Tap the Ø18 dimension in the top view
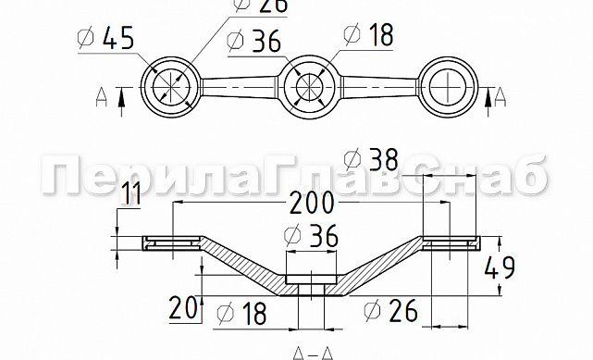[368, 34]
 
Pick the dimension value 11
[133, 193]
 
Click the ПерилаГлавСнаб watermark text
[296, 176]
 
